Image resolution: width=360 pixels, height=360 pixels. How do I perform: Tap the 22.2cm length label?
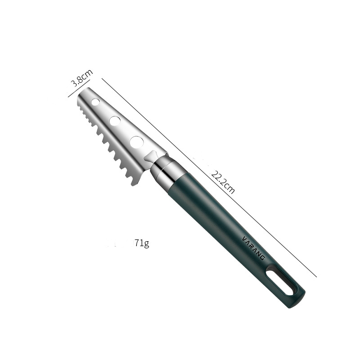coord(223,180)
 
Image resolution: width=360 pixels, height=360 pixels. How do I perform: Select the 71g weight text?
coord(141,243)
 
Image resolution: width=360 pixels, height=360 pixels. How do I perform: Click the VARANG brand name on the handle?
coord(254,248)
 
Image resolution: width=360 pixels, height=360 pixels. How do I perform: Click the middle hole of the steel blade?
coord(115,121)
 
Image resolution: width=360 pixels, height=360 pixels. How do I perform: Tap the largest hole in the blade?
coord(136,142)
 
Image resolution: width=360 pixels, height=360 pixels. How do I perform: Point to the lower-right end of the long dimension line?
coord(316,276)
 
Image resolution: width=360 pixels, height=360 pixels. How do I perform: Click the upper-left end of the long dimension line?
coord(103,79)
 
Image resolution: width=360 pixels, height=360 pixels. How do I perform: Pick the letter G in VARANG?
coord(263,258)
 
